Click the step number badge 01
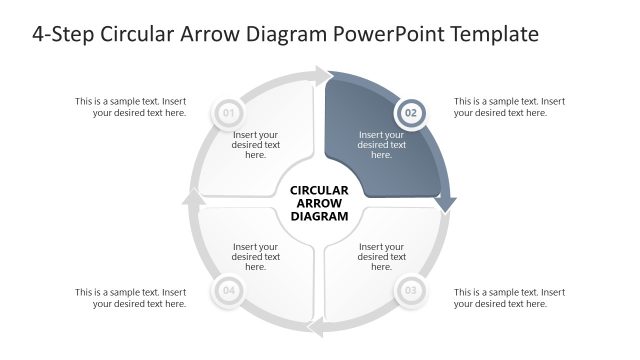[x=228, y=113]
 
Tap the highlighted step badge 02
[x=410, y=113]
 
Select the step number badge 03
[x=410, y=292]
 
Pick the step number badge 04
[x=228, y=292]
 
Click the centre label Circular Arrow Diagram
[x=319, y=202]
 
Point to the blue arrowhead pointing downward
[x=445, y=202]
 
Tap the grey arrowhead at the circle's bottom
[x=316, y=327]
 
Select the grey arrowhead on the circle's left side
[x=194, y=199]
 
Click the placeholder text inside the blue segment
[x=382, y=145]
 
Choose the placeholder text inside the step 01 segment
[x=256, y=145]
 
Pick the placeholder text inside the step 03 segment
[x=382, y=257]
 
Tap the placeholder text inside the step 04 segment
[x=256, y=257]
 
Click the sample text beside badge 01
[x=131, y=107]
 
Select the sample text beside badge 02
[x=509, y=107]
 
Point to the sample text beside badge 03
[x=509, y=298]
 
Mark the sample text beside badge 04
[x=131, y=298]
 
